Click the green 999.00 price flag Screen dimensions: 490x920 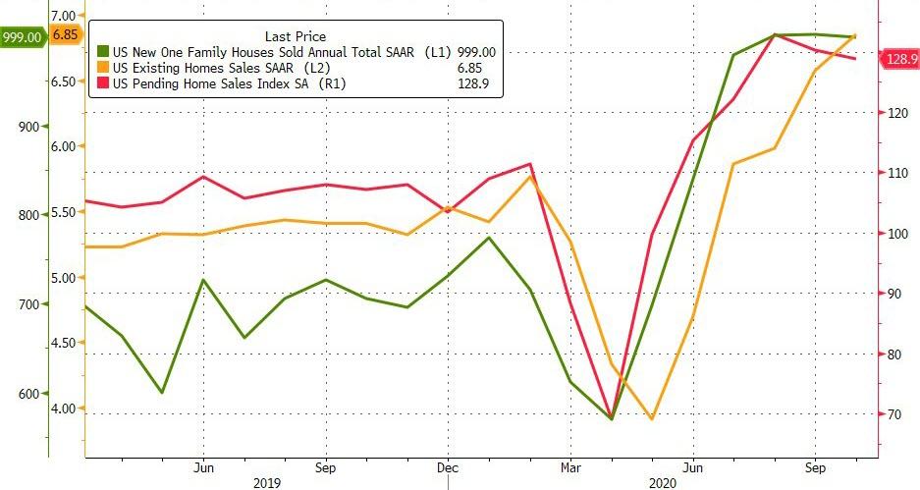tap(22, 37)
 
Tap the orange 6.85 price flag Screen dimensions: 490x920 tap(67, 35)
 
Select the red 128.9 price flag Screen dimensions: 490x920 tap(900, 60)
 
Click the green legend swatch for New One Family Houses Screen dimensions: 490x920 tap(103, 51)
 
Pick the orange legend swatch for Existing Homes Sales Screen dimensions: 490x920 tap(103, 68)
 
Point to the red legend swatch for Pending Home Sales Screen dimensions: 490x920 tap(103, 84)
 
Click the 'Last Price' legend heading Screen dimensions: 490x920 tap(295, 36)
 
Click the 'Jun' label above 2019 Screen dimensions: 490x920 tap(204, 467)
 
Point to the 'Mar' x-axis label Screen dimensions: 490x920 tap(569, 467)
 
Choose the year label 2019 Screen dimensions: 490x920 tap(266, 482)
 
